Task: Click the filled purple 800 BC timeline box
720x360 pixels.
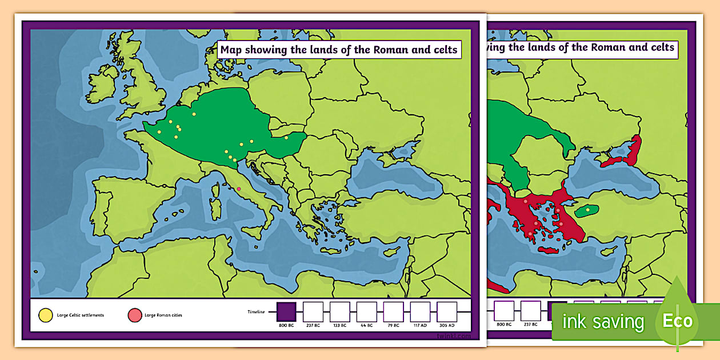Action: coord(286,311)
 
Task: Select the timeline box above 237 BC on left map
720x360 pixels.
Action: coord(313,311)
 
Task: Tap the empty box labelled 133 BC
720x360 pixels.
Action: coord(340,311)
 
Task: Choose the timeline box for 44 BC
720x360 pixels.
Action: coord(367,311)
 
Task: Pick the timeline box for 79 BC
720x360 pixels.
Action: coord(394,311)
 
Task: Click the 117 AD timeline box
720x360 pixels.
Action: coord(421,311)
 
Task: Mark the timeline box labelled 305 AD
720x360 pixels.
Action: coord(447,311)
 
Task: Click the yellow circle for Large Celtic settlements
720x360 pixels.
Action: coord(45,315)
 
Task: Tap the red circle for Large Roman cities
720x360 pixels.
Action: coord(134,315)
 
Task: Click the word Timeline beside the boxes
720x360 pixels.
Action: coord(257,312)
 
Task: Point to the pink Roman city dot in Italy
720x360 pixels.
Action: coord(239,189)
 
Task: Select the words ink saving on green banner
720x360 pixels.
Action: coord(603,322)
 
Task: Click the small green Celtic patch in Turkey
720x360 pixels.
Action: coord(586,211)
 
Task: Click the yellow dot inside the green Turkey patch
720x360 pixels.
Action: coord(587,210)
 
